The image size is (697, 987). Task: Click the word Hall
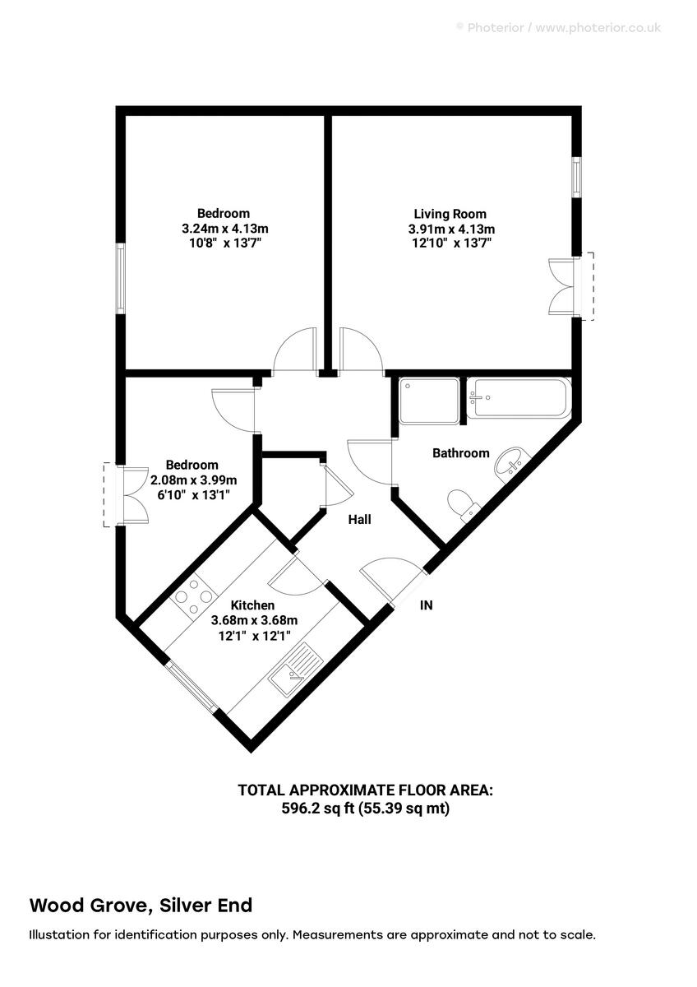point(359,520)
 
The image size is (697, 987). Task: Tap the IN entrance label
point(427,605)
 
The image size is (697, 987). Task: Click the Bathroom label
point(461,453)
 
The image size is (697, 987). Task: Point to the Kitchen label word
point(252,605)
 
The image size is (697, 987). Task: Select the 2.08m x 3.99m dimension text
point(193,480)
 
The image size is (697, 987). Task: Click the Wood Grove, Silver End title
point(141,906)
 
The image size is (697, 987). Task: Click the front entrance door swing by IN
point(387,578)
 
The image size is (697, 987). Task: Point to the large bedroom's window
point(120,277)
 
